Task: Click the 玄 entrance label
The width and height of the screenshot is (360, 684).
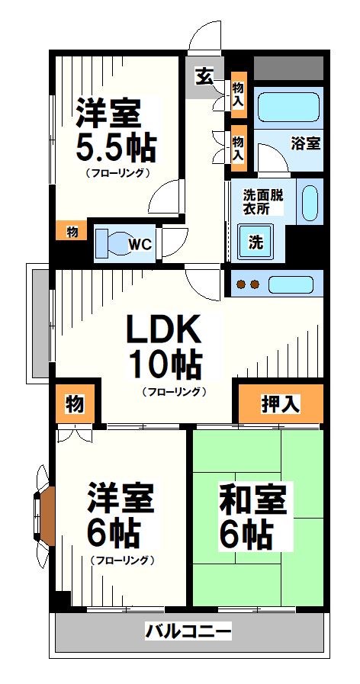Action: coord(204,75)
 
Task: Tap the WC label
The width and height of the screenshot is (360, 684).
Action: coord(138,245)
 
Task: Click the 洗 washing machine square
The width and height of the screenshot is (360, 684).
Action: coord(256,243)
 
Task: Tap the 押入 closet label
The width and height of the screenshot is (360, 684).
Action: coord(280,405)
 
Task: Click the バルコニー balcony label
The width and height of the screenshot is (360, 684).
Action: coord(188,631)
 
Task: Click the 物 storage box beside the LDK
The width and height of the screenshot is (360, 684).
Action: coord(76,405)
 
